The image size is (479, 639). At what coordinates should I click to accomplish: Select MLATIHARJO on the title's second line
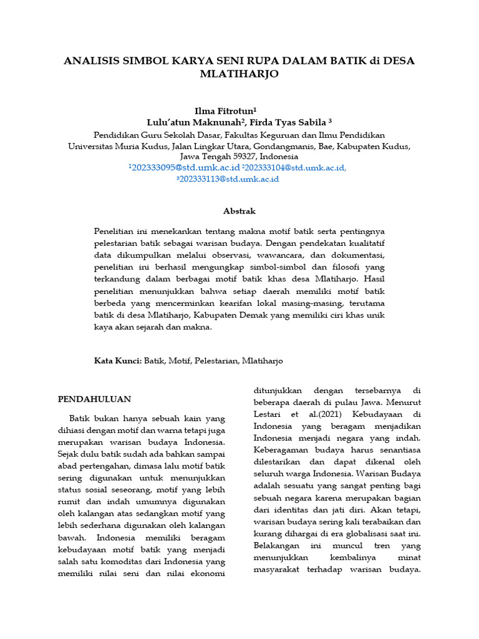point(239,74)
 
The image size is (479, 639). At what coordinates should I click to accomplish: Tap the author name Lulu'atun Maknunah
point(185,122)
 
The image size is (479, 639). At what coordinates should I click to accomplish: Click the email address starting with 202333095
point(185,167)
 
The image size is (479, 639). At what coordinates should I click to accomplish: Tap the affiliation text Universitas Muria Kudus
point(115,145)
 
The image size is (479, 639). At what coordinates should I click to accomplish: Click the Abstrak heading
point(239,211)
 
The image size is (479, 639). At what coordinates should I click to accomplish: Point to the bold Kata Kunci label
point(118,361)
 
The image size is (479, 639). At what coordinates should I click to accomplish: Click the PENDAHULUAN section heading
point(94,399)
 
